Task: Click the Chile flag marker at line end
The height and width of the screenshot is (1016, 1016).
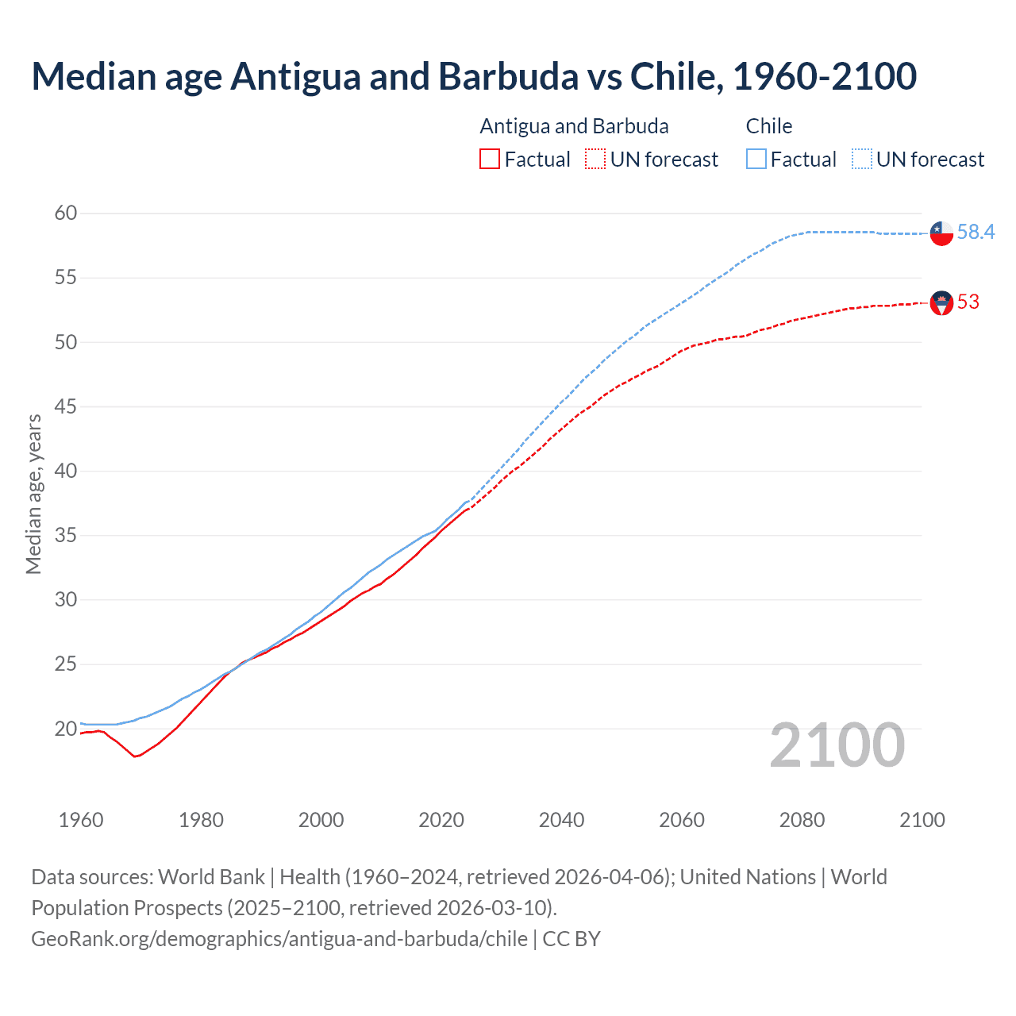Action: (941, 233)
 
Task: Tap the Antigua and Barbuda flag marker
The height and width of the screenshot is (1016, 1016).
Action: (941, 302)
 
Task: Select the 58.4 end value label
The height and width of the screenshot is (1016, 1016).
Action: (976, 232)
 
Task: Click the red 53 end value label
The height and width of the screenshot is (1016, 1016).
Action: (968, 302)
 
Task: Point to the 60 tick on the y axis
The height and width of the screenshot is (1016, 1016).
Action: (66, 213)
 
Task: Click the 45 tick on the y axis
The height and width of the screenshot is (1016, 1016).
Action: (66, 406)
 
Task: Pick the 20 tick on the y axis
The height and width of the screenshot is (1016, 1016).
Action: (66, 729)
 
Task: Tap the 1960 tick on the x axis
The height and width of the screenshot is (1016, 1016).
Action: (81, 820)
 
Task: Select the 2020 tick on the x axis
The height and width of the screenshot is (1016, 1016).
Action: (441, 820)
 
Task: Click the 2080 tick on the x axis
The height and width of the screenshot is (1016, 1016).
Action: (802, 820)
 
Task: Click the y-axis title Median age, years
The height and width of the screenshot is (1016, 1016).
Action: (33, 494)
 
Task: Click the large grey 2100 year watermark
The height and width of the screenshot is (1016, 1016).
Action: (837, 745)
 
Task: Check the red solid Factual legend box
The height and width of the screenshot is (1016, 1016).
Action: (490, 160)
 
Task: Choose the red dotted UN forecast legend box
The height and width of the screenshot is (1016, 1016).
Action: (595, 160)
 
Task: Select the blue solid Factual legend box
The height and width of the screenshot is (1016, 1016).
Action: (756, 160)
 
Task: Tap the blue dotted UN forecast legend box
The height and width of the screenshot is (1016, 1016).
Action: (861, 160)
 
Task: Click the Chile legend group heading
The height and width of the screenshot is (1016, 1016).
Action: (768, 126)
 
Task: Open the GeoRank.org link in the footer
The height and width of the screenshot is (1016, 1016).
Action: (279, 939)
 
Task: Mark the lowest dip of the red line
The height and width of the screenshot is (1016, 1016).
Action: (135, 756)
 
